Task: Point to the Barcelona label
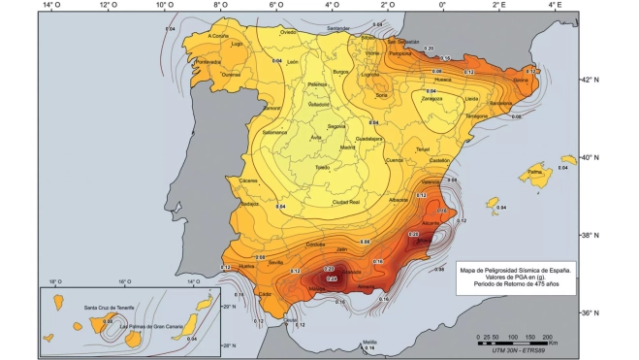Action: (x=501, y=103)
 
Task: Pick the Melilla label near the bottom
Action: (x=369, y=342)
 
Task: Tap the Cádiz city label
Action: (x=263, y=290)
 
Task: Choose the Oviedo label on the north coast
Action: (x=288, y=32)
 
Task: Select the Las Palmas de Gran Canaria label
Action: (x=154, y=326)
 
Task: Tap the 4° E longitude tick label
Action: (x=554, y=6)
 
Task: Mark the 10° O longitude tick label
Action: (x=164, y=6)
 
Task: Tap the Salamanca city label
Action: (x=276, y=131)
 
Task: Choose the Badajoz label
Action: (x=249, y=204)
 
